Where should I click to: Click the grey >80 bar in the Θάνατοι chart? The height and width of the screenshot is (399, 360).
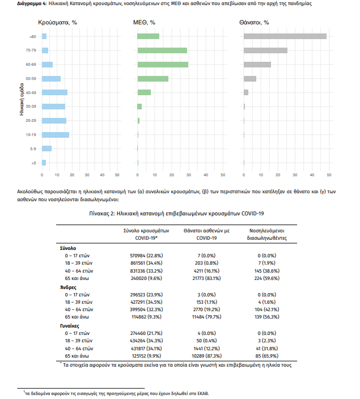click(285, 36)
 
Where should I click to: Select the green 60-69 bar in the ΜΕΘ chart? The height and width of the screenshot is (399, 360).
click(163, 65)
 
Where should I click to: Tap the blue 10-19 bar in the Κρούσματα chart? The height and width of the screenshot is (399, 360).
click(56, 135)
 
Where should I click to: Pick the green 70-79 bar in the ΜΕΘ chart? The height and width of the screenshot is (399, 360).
click(162, 50)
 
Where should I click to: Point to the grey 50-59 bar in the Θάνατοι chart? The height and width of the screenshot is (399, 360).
click(250, 79)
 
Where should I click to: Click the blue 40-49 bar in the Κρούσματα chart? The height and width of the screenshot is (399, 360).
click(55, 92)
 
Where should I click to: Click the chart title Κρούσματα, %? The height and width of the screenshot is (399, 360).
click(57, 23)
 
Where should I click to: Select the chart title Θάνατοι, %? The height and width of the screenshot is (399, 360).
click(254, 23)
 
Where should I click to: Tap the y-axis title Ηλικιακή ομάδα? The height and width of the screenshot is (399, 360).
click(22, 99)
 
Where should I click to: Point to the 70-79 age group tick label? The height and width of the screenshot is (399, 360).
click(31, 50)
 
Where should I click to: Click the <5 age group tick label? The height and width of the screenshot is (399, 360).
click(33, 163)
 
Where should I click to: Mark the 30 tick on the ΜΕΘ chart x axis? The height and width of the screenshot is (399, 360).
click(189, 175)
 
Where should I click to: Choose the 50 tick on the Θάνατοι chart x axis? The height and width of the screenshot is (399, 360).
click(329, 175)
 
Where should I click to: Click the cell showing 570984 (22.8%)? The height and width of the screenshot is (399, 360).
click(146, 256)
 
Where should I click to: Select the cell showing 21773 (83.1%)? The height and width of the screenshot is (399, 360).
click(206, 278)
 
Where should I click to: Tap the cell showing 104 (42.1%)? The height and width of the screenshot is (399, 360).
click(267, 309)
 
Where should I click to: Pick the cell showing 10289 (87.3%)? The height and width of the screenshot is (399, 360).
click(206, 356)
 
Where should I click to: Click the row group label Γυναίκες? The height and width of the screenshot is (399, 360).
click(70, 326)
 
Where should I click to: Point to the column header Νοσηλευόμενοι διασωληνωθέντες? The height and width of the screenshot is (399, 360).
click(267, 235)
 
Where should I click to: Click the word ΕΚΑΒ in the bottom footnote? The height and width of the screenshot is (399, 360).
click(202, 393)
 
